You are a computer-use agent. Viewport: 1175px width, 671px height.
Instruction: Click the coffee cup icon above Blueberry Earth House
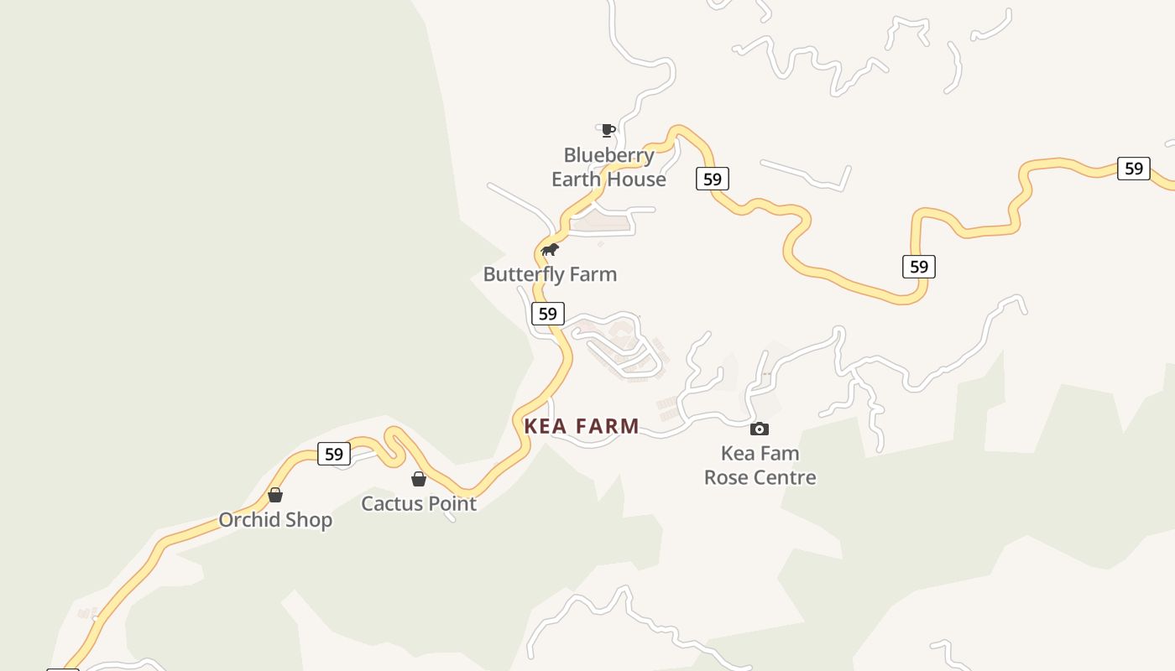(608, 130)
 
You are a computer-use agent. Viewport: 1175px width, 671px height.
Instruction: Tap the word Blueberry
(608, 155)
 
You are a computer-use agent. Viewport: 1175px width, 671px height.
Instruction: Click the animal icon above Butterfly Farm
(550, 250)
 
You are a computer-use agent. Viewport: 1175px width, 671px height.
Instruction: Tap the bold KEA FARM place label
(582, 426)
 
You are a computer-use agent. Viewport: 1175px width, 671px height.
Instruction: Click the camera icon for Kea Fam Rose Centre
(760, 429)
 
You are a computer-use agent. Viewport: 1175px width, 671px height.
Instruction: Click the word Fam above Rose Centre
(781, 454)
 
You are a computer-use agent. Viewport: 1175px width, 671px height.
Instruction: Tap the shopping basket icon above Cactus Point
(419, 479)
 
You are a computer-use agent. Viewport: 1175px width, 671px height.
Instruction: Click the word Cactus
(392, 504)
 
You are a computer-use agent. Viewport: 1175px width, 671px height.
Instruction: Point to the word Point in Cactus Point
(452, 504)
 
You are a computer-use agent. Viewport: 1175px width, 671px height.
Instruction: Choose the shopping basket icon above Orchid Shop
(275, 495)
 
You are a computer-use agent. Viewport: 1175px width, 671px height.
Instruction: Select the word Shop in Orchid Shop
(308, 520)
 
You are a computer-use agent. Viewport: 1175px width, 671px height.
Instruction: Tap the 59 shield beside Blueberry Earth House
(713, 179)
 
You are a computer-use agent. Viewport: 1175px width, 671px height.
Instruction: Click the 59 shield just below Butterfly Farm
(547, 315)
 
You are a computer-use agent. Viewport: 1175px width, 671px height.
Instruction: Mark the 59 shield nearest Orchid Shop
(334, 454)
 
